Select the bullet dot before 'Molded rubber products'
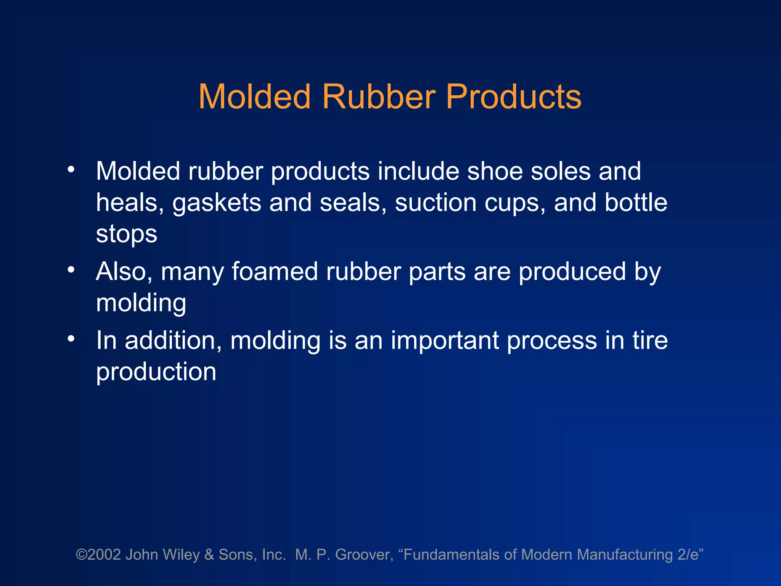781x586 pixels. pyautogui.click(x=71, y=169)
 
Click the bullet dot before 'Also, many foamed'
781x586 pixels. pyautogui.click(x=71, y=270)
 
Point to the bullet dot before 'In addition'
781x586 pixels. pyautogui.click(x=71, y=338)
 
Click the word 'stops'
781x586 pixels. pyautogui.click(x=127, y=234)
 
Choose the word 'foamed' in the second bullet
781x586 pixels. pyautogui.click(x=275, y=272)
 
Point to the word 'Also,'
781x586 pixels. pyautogui.click(x=124, y=272)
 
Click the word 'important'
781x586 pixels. pyautogui.click(x=445, y=340)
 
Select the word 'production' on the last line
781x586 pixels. pyautogui.click(x=156, y=372)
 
